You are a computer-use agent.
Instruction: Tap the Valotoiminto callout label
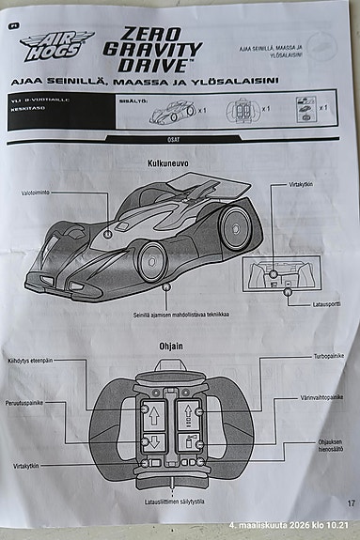pyautogui.click(x=39, y=193)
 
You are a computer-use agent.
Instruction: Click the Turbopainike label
pyautogui.click(x=329, y=357)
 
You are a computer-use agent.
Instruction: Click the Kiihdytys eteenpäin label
pyautogui.click(x=30, y=361)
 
